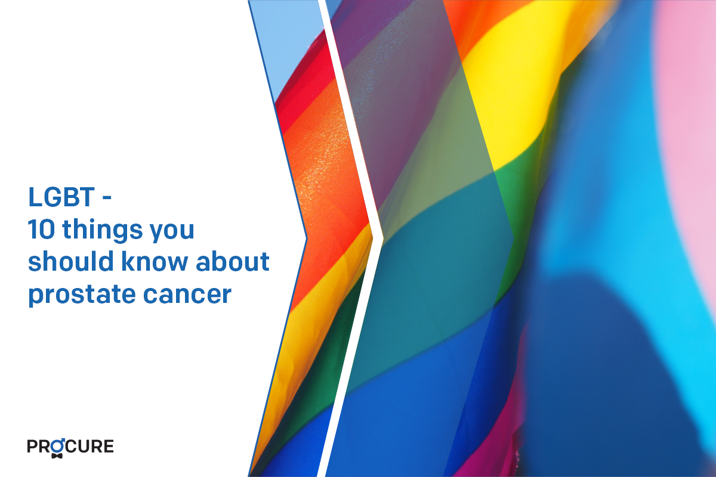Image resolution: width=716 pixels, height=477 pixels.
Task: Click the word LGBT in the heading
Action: pos(61,197)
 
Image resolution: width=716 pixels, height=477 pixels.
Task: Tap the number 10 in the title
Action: pos(41,229)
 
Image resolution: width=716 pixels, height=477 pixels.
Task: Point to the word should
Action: pos(70,261)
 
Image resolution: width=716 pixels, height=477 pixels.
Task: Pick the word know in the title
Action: pos(155,261)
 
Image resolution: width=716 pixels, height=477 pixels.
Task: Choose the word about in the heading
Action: pos(232,261)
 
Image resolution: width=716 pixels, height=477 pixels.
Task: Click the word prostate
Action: pos(82,295)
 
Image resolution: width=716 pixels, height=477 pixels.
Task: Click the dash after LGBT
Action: pos(107,197)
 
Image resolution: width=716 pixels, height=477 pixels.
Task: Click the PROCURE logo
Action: pos(70,447)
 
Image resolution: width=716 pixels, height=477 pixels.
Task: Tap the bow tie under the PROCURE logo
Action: pos(57,456)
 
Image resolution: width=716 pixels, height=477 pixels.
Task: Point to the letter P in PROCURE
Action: pos(32,447)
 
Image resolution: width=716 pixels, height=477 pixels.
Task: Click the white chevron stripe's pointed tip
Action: pos(383,238)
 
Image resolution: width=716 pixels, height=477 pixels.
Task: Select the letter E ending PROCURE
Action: pos(109,447)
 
